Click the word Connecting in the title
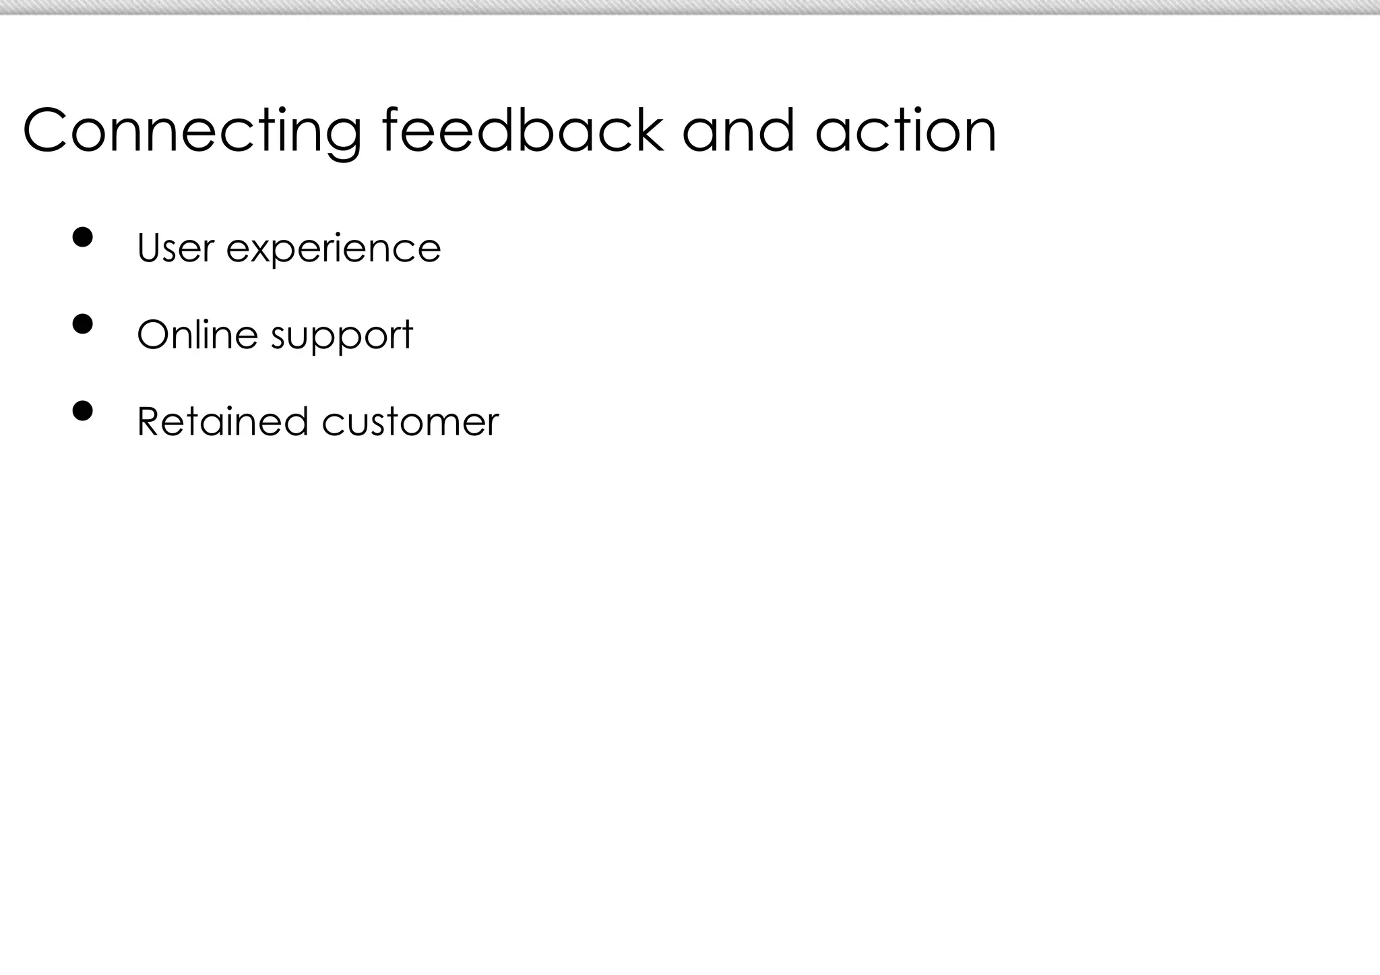[x=192, y=131]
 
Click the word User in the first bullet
[x=175, y=248]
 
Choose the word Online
[x=197, y=334]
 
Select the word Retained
[x=223, y=422]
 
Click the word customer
[x=410, y=422]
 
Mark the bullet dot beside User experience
[x=82, y=237]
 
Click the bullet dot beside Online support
[x=82, y=324]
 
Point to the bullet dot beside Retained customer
[x=82, y=410]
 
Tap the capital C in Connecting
[x=47, y=131]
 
